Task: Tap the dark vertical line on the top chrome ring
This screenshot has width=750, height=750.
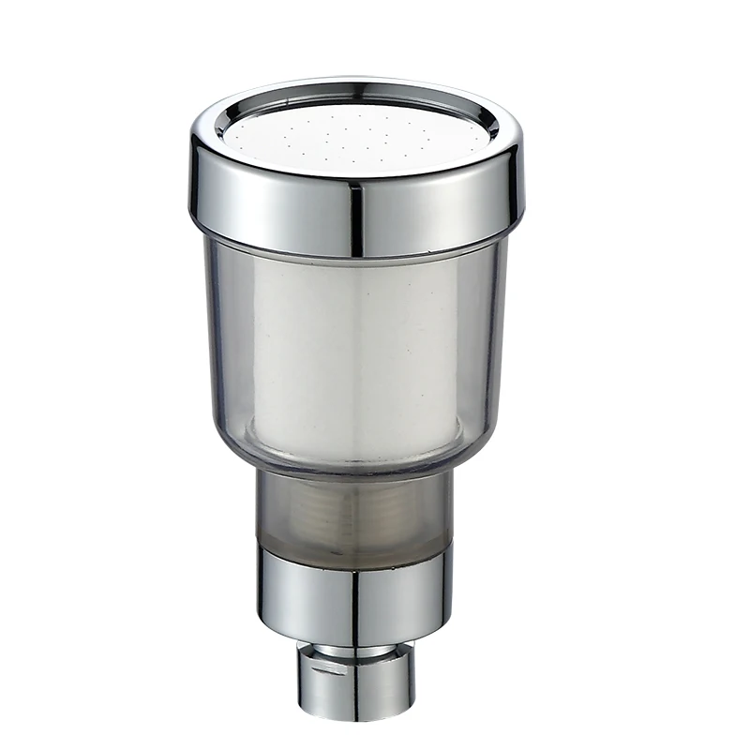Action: [355, 216]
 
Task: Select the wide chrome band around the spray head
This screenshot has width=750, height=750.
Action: [281, 202]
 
